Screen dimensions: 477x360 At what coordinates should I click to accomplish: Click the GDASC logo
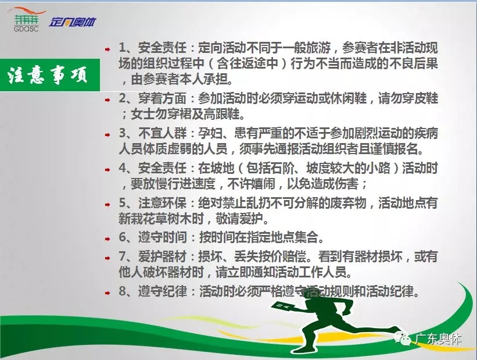tap(27, 20)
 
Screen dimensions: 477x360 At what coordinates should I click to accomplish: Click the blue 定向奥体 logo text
tap(73, 22)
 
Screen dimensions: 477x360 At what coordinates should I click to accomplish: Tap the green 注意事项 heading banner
tap(50, 75)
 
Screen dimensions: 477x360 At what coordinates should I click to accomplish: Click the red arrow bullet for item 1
tap(107, 49)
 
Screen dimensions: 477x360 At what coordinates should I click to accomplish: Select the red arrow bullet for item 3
tap(107, 134)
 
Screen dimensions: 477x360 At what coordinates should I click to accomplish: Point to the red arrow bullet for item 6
tap(107, 239)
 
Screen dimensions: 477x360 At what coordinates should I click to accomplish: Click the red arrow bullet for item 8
tap(107, 293)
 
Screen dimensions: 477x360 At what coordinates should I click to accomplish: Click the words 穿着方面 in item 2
tap(162, 98)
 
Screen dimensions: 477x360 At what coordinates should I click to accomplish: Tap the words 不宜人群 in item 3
tap(162, 133)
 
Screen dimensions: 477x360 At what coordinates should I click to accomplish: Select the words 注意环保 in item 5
tap(162, 203)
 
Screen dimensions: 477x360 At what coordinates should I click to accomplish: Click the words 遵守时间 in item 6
tap(162, 237)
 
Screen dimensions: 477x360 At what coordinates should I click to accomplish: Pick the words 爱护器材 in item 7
tap(162, 256)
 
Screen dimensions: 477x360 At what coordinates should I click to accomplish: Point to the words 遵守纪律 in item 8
tap(162, 291)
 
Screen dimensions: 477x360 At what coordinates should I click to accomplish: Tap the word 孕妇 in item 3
tap(210, 133)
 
